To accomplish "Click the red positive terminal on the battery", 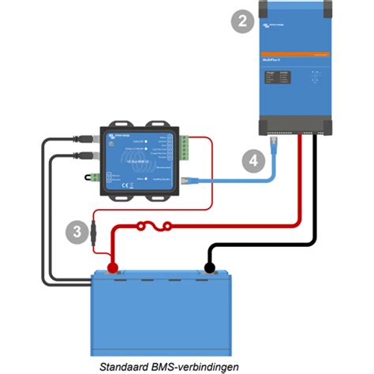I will pos(113,269).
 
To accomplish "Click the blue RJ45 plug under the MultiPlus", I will pos(274,144).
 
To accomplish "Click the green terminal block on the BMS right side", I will pos(185,148).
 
